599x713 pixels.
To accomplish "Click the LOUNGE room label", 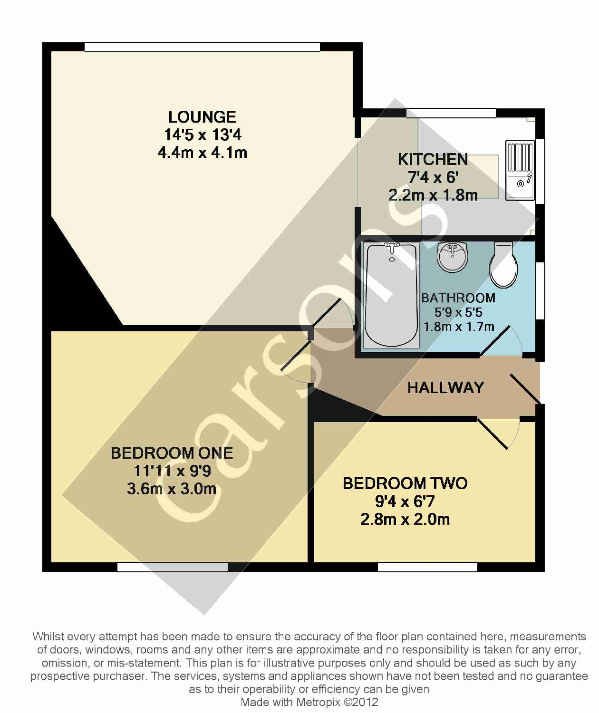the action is (202, 117).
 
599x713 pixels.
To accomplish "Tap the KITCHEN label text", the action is (433, 159).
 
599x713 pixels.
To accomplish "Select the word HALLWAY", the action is (445, 388).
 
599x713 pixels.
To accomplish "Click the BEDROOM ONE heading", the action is (172, 453).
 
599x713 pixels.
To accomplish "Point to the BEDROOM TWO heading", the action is (405, 483).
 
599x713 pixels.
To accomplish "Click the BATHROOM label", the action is (458, 298).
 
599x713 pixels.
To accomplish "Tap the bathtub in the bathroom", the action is (391, 295).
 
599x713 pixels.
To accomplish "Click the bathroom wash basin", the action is (452, 257).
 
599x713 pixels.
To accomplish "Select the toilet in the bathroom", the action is (503, 266).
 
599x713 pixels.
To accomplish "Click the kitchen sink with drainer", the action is (521, 170).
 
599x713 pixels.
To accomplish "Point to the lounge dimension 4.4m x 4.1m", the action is (202, 153).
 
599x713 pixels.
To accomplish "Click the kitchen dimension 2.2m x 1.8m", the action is (433, 195).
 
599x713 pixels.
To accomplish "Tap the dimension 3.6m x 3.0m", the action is (172, 489).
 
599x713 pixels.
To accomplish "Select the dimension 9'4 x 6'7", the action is (405, 501).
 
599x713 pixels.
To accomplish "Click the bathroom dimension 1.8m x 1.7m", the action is (459, 327).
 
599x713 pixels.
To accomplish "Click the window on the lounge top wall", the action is (202, 47).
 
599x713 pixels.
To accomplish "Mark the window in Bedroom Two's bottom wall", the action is (427, 567).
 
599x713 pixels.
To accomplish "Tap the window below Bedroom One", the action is (173, 567).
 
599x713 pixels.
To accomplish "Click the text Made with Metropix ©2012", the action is (309, 702).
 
